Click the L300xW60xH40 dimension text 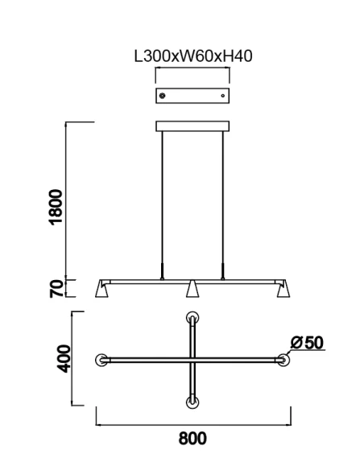pyautogui.click(x=193, y=56)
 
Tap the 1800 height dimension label pyautogui.click(x=56, y=207)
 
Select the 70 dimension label pyautogui.click(x=56, y=288)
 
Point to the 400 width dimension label pyautogui.click(x=64, y=359)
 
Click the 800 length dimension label pyautogui.click(x=192, y=439)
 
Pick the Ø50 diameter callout pyautogui.click(x=307, y=342)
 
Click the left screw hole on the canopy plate pyautogui.click(x=162, y=96)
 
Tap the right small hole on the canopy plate pyautogui.click(x=223, y=96)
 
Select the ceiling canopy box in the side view pyautogui.click(x=192, y=126)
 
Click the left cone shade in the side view pyautogui.click(x=101, y=289)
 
